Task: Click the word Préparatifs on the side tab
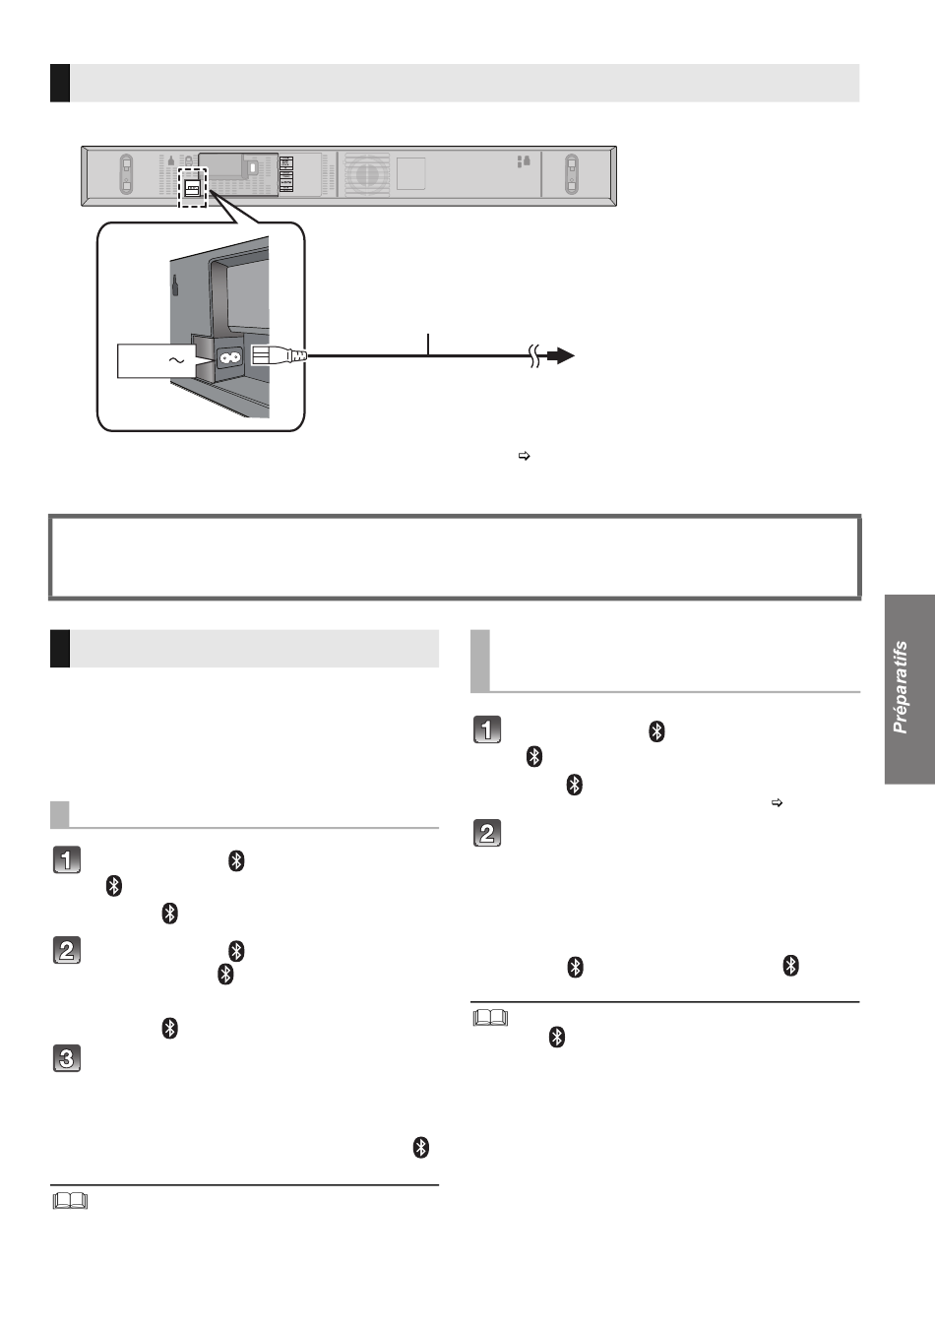pyautogui.click(x=901, y=688)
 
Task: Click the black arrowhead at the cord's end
pyautogui.click(x=561, y=356)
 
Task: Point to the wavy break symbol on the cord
pyautogui.click(x=535, y=357)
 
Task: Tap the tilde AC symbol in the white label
pyautogui.click(x=177, y=361)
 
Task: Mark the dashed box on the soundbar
pyautogui.click(x=192, y=186)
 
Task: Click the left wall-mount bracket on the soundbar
pyautogui.click(x=126, y=174)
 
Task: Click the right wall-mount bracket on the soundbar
pyautogui.click(x=571, y=174)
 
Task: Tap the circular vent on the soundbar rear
pyautogui.click(x=368, y=174)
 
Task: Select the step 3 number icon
pyautogui.click(x=65, y=1059)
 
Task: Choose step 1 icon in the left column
pyautogui.click(x=65, y=859)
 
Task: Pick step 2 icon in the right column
pyautogui.click(x=487, y=833)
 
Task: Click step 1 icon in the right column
pyautogui.click(x=487, y=729)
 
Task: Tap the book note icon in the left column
pyautogui.click(x=70, y=1200)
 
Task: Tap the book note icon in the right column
pyautogui.click(x=490, y=1017)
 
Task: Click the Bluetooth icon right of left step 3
pyautogui.click(x=421, y=1148)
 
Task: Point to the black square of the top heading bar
pyautogui.click(x=59, y=83)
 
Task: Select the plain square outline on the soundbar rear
pyautogui.click(x=411, y=174)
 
